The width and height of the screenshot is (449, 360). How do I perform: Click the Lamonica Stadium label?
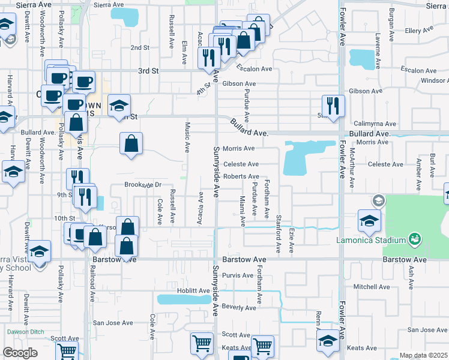pos(371,241)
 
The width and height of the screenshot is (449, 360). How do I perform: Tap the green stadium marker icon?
pos(414,240)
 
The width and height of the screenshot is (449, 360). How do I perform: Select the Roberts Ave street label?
pos(241,176)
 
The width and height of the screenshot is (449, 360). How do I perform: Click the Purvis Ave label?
pos(238,275)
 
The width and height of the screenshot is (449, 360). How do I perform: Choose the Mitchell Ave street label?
pos(372,287)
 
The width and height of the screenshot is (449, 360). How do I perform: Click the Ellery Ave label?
pos(420,31)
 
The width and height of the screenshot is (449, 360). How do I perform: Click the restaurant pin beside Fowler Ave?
pos(333,106)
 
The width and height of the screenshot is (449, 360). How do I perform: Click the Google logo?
pos(20,353)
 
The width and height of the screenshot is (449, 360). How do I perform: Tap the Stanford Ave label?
pos(279,225)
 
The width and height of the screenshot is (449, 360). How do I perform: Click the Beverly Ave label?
pos(239,308)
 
